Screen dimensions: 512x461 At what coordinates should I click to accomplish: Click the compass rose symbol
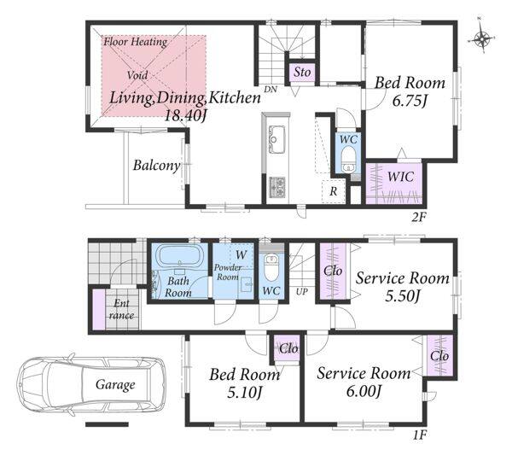tap(482, 39)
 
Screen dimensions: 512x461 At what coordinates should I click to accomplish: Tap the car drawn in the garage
tap(92, 384)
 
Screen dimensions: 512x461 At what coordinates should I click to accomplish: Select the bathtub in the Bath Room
tap(179, 258)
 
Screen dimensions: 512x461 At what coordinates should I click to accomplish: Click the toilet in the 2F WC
tap(348, 159)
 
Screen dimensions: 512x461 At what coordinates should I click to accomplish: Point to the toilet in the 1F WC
tap(271, 267)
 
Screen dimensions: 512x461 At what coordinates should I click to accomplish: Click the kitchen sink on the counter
tap(276, 139)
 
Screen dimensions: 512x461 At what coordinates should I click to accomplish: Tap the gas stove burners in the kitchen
tap(276, 188)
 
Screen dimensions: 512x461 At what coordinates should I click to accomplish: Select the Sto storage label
tap(302, 72)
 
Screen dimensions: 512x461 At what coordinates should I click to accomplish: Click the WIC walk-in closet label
tap(401, 177)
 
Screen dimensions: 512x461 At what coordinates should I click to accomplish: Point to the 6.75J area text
tap(410, 102)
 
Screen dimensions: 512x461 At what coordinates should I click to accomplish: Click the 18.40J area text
tap(185, 115)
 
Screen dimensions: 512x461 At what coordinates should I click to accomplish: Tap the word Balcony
tap(156, 166)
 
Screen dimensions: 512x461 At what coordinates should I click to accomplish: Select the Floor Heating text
tap(136, 42)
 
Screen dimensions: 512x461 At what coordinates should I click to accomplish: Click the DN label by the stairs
tap(271, 89)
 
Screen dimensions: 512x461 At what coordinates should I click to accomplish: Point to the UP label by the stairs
tap(302, 291)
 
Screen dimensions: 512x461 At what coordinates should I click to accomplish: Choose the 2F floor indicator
tap(419, 217)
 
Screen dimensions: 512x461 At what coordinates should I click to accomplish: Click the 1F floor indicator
tap(419, 435)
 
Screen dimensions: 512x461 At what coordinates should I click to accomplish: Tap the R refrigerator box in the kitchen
tap(334, 191)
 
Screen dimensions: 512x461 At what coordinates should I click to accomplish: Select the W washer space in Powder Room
tap(241, 255)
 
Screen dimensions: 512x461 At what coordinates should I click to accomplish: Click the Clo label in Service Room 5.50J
tap(333, 271)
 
